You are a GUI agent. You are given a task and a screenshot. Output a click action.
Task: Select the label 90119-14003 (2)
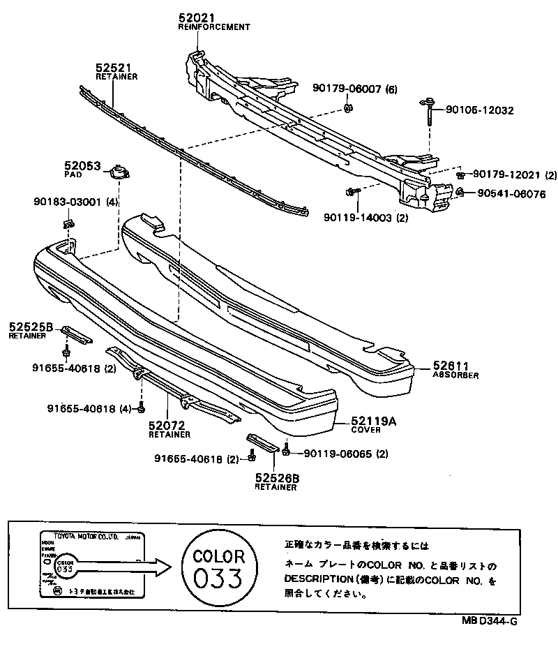pos(366,218)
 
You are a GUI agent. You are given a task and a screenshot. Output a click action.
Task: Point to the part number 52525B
pos(31,327)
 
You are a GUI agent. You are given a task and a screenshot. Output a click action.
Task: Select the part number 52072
pos(165,425)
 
